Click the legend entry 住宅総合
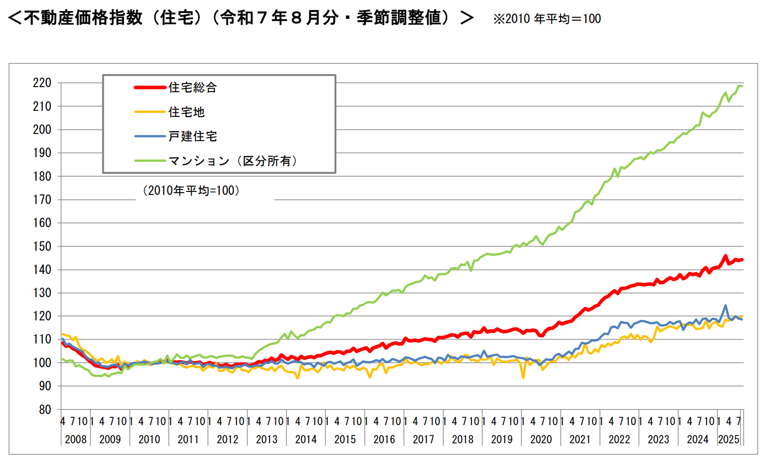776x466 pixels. [x=193, y=88]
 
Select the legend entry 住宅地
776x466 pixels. [x=186, y=112]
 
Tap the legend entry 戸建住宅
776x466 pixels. [x=193, y=136]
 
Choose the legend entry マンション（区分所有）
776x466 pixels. [x=233, y=161]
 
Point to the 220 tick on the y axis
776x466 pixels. [x=42, y=83]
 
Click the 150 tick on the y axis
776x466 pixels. [x=42, y=246]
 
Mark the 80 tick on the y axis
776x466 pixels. [x=45, y=410]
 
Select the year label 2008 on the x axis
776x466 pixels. [x=76, y=439]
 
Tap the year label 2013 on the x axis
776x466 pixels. [x=267, y=439]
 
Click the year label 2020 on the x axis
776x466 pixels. [x=541, y=439]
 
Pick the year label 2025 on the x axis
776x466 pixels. [x=729, y=439]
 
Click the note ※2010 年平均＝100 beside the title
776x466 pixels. [x=547, y=19]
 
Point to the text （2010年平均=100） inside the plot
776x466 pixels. [x=191, y=190]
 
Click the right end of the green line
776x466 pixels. [x=742, y=86]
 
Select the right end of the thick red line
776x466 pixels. [x=742, y=260]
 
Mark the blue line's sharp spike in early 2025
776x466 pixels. [x=726, y=305]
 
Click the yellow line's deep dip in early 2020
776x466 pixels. [x=523, y=377]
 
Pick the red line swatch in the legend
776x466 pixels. [x=150, y=88]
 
